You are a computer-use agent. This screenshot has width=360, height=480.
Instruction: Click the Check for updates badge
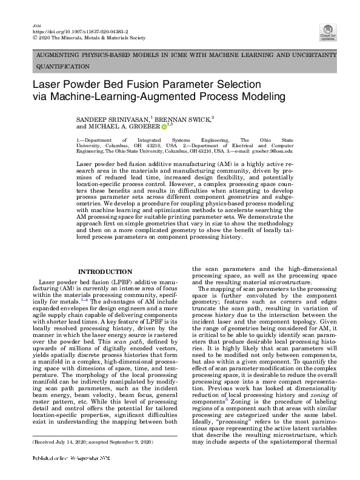coord(328,32)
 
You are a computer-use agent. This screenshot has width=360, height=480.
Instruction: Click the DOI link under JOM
coord(69,29)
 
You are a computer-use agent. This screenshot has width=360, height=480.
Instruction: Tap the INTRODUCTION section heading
coord(101,272)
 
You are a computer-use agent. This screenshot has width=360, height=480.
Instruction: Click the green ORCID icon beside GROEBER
coord(164,126)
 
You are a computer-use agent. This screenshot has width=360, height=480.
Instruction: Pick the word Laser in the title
coord(47,84)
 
